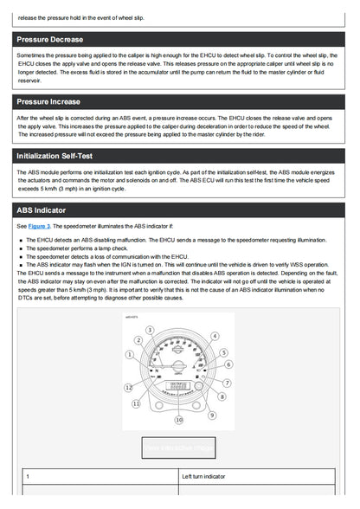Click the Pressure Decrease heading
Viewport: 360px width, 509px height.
coord(49,39)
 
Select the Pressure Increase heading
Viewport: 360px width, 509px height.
coord(48,101)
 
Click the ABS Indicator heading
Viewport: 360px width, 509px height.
coord(41,210)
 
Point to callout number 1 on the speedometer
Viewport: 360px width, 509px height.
coord(129,354)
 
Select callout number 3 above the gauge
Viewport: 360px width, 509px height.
coord(151,330)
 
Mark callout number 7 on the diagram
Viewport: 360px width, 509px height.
coord(228,383)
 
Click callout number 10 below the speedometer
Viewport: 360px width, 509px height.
coord(179,419)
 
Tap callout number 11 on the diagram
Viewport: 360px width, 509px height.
coord(136,403)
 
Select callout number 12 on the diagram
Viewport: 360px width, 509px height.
coord(128,388)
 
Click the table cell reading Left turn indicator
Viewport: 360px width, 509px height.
coord(257,476)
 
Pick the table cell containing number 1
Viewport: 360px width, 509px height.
coord(100,476)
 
